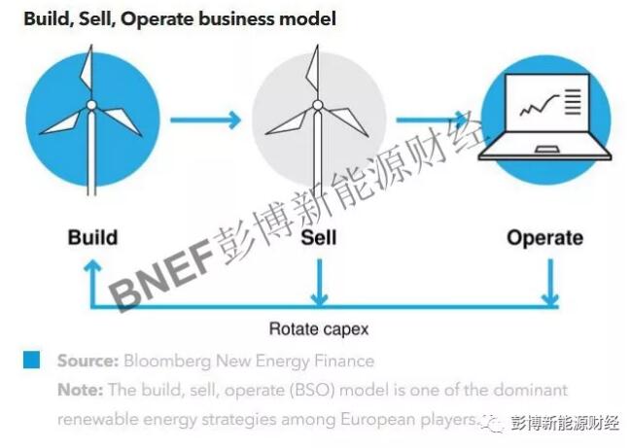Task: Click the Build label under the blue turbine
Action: pos(92,238)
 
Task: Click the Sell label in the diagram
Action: pos(318,238)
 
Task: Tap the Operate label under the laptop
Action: pos(544,238)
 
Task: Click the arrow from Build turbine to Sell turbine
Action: pos(205,121)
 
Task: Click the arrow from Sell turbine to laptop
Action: pos(431,121)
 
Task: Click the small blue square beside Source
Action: pos(32,361)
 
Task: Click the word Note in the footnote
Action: pos(80,390)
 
